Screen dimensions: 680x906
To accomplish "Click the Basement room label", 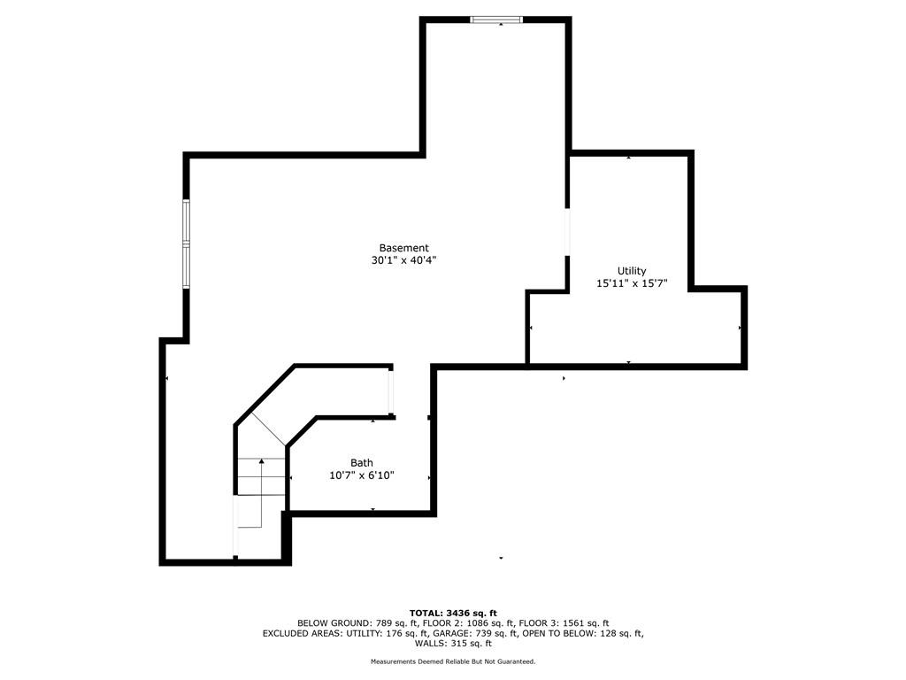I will pos(403,248).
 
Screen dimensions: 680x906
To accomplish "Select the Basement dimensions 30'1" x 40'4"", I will pos(403,261).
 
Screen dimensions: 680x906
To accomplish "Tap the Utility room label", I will pos(632,271).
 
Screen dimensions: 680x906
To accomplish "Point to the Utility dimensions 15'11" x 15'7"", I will pos(632,284).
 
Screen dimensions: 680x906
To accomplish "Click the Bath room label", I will pos(361,462).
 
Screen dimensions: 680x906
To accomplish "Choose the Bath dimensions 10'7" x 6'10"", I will pos(361,475).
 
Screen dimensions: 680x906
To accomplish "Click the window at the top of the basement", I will pos(496,19).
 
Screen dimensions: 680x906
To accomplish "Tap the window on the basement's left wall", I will pos(186,243).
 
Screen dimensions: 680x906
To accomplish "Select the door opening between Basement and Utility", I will pos(568,232).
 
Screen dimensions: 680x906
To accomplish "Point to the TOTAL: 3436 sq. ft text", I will pos(453,613).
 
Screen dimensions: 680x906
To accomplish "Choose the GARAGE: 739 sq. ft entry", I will pos(478,634).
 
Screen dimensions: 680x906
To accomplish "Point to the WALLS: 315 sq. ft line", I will pos(453,644).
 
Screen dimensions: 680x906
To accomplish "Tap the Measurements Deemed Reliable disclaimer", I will pos(453,662).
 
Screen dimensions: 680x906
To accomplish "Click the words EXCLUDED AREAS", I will pos(298,634).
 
